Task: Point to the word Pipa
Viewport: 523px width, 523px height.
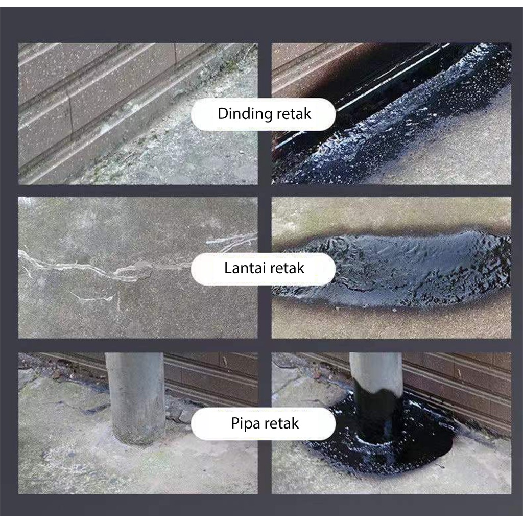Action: point(244,423)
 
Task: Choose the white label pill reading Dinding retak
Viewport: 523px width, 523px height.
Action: point(263,114)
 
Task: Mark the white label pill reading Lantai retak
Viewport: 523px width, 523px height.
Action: point(263,269)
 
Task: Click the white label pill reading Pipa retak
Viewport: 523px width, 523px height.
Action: point(263,424)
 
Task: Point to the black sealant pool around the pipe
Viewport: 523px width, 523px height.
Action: point(380,447)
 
